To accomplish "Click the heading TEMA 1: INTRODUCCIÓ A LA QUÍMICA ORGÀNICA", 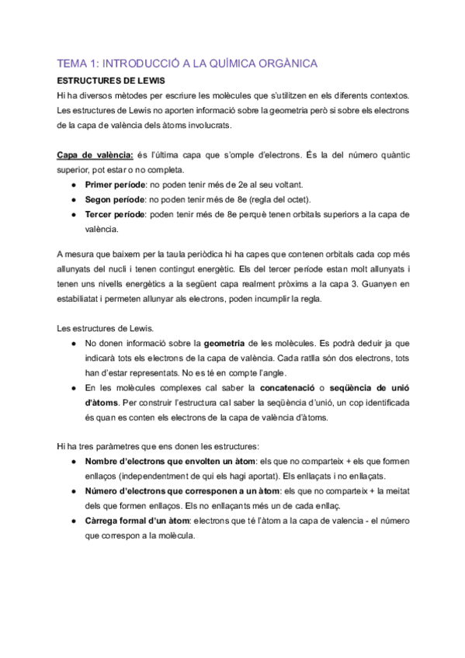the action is pos(188,64).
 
